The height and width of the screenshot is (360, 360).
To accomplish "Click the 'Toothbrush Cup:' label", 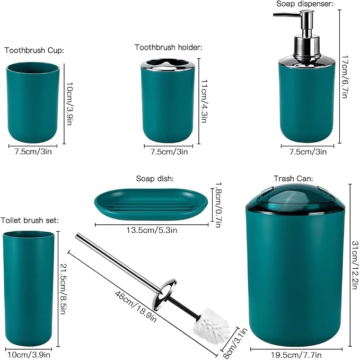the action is (34, 50).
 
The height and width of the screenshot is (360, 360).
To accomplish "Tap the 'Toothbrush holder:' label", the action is (169, 47).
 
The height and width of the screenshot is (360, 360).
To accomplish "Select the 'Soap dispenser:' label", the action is (305, 4).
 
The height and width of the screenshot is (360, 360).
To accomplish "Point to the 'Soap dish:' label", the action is (155, 178).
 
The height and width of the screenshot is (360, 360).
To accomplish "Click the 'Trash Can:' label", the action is (293, 178).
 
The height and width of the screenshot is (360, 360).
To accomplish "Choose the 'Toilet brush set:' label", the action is (30, 221).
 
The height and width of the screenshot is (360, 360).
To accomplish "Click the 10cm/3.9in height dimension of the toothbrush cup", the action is (69, 103).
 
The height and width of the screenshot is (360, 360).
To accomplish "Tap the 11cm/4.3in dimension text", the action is (204, 101).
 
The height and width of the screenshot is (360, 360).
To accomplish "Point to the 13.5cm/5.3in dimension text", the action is (152, 230).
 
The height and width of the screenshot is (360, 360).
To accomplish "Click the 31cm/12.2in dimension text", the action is (355, 265).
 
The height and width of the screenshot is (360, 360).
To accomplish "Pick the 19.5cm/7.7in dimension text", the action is (296, 355).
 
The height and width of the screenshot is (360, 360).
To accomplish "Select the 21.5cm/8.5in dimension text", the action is (64, 289).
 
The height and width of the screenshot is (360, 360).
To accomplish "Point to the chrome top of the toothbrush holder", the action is (168, 65).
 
